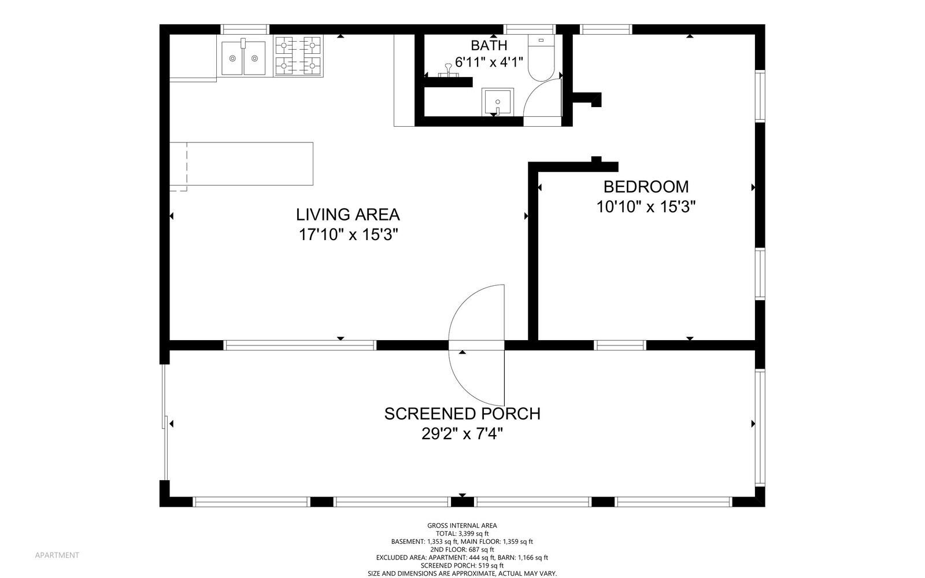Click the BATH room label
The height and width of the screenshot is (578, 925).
489,45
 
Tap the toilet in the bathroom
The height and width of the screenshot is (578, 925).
541,58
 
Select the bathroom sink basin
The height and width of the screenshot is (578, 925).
498,102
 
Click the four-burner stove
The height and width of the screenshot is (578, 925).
298,56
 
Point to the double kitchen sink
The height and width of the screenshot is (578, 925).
243,57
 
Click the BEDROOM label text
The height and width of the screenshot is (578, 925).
646,187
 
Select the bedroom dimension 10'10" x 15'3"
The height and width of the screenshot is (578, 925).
646,207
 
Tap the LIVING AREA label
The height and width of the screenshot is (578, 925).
347,215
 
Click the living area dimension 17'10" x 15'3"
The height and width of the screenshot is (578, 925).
347,235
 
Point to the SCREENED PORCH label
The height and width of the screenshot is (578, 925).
462,414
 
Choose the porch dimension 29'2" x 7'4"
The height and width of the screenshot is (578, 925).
462,434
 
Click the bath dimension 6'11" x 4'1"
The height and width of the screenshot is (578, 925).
489,62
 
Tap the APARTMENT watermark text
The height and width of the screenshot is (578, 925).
57,555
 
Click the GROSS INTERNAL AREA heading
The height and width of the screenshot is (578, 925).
462,525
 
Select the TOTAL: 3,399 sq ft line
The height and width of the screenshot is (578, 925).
462,533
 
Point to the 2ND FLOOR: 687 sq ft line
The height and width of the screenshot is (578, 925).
462,550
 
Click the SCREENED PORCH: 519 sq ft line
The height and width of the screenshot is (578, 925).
462,566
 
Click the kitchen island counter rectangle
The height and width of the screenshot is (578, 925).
242,164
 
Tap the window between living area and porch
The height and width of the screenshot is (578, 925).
300,345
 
